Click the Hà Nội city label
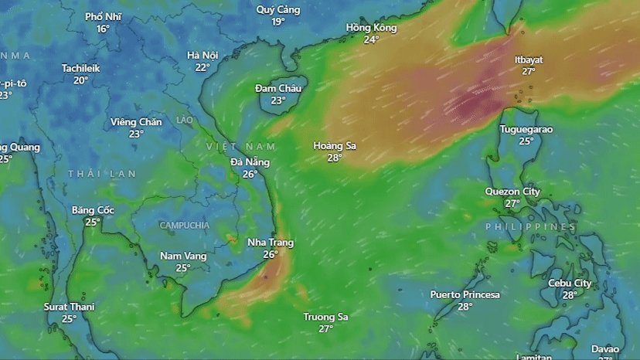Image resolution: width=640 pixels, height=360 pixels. click(x=203, y=55)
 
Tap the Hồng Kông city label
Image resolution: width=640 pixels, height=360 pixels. click(x=371, y=28)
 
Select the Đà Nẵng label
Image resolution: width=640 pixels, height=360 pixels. click(x=250, y=162)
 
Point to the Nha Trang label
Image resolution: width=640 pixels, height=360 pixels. click(x=270, y=243)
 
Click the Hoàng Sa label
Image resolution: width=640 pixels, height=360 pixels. click(x=334, y=146)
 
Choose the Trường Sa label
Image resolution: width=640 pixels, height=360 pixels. click(x=325, y=317)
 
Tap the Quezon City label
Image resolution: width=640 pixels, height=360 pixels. click(x=512, y=192)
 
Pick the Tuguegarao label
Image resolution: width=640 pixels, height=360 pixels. click(x=526, y=129)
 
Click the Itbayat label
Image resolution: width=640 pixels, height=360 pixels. click(x=529, y=59)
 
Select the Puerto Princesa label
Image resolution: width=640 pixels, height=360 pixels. click(x=465, y=294)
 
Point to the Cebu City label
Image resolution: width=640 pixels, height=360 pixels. click(x=570, y=283)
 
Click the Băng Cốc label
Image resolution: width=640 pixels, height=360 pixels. click(x=93, y=210)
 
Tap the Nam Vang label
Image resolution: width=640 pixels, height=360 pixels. click(x=183, y=256)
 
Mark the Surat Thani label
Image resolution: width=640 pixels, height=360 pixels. click(x=69, y=307)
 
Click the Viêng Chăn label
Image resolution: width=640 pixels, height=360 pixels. click(x=136, y=122)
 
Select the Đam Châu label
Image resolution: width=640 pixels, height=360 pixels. click(x=278, y=88)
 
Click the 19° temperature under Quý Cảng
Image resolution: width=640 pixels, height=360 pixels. click(x=277, y=22)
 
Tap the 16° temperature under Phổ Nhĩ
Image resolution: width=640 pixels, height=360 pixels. click(x=103, y=29)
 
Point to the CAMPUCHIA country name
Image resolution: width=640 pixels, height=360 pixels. click(x=184, y=226)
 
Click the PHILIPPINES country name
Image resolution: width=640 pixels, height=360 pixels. click(x=529, y=227)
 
